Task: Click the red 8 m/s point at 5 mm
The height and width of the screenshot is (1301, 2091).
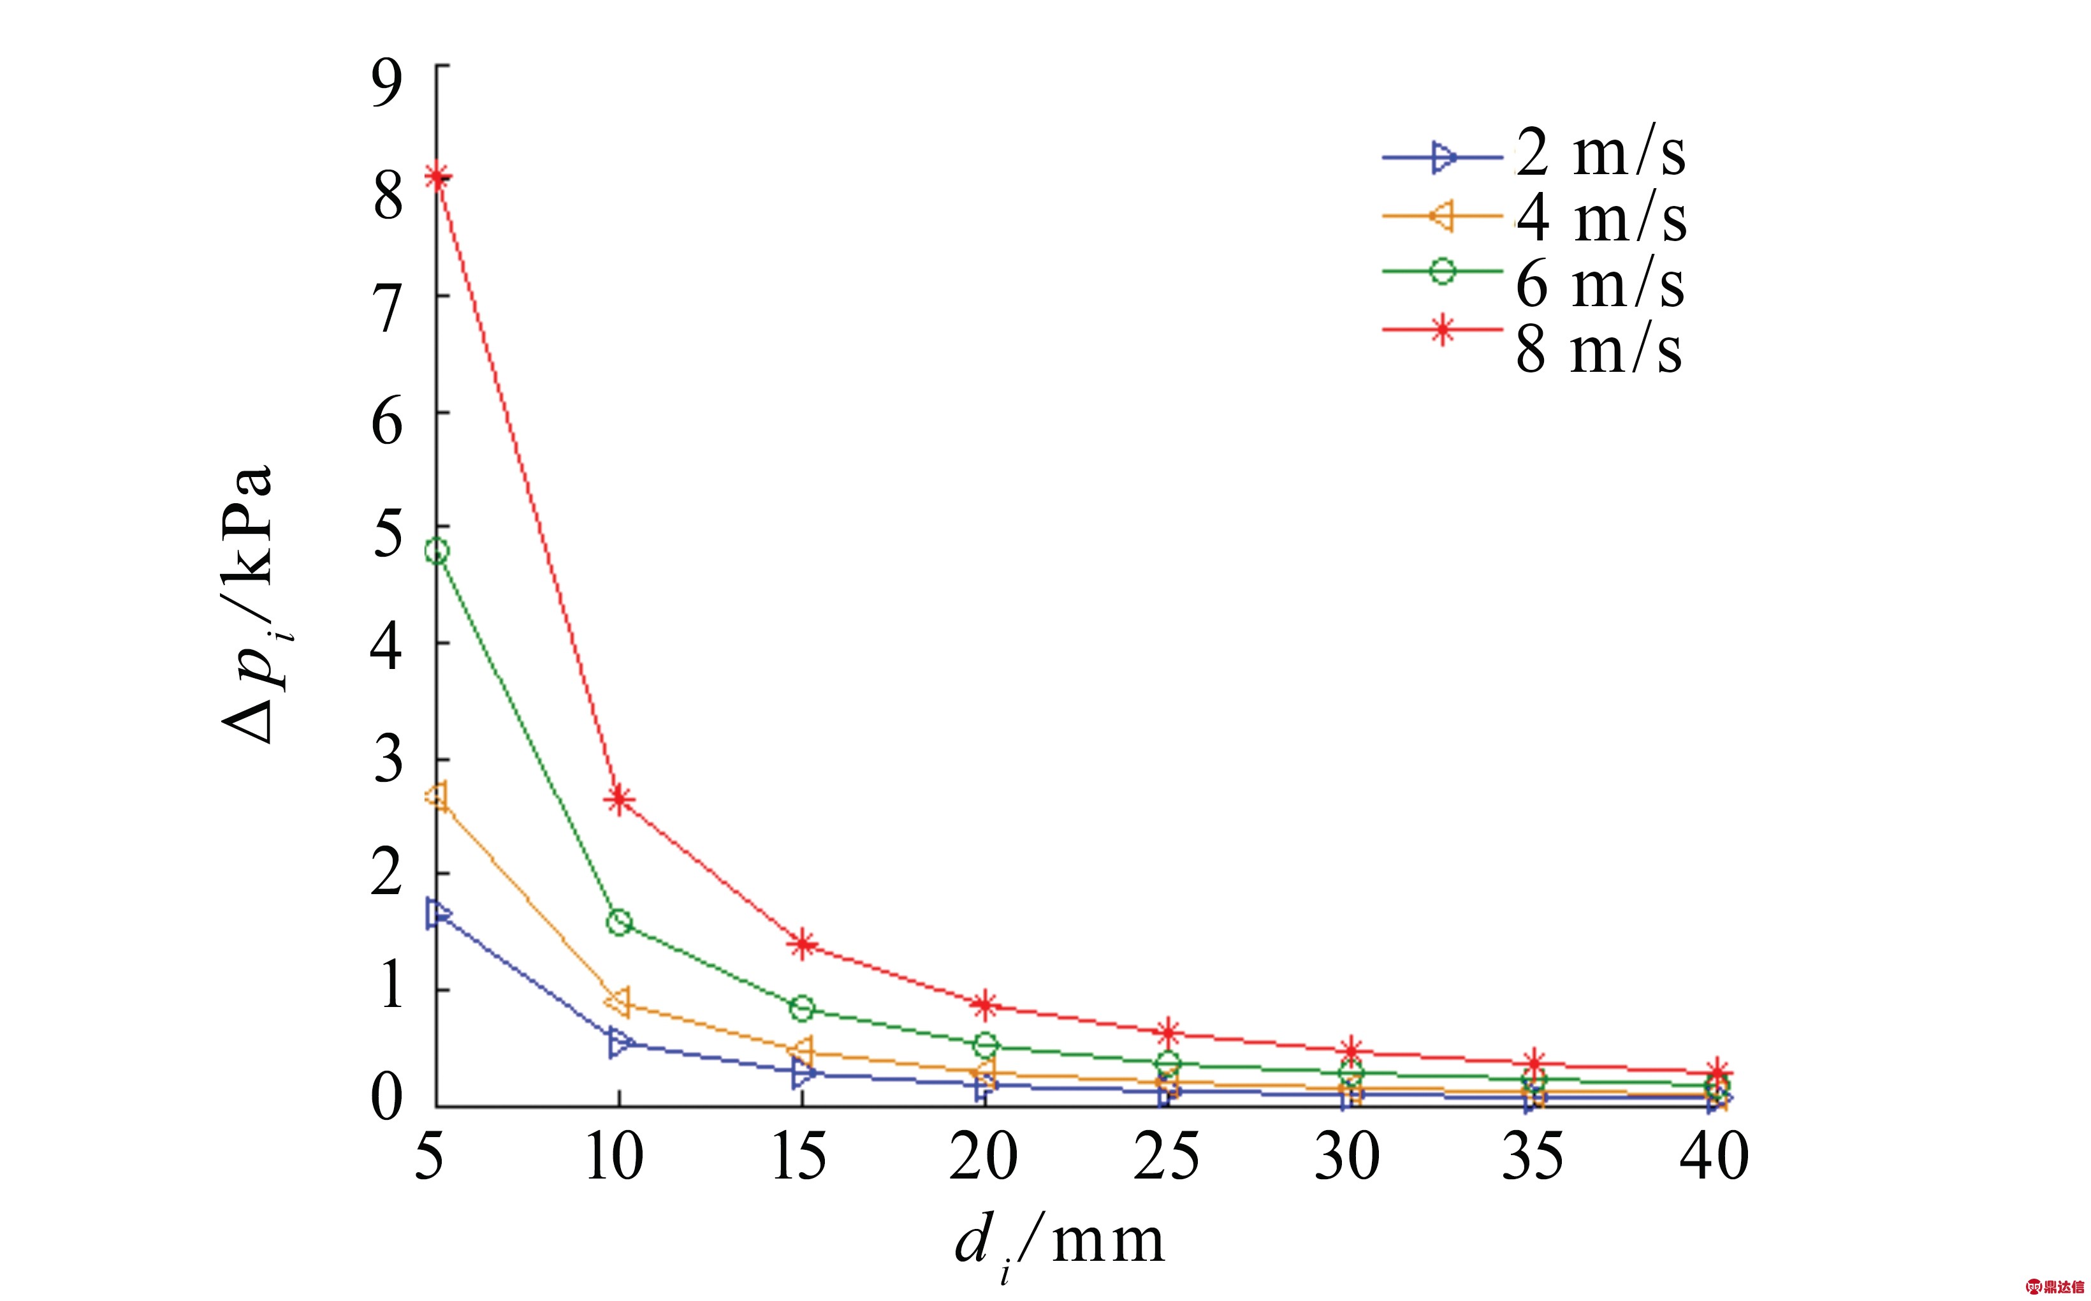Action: coord(437,177)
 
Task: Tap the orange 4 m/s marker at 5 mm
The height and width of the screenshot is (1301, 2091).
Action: coord(437,796)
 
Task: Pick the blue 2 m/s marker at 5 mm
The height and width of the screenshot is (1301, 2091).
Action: coord(437,914)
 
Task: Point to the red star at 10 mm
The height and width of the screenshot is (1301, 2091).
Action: coord(619,800)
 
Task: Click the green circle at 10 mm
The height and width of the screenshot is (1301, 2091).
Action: coord(619,923)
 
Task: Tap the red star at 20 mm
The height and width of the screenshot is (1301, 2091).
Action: coord(986,1004)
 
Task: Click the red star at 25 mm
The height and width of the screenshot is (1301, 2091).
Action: coord(1168,1032)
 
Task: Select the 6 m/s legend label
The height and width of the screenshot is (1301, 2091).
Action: coord(1600,284)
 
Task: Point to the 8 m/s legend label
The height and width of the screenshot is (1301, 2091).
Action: coord(1598,349)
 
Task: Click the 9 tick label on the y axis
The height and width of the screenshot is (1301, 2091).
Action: coord(387,83)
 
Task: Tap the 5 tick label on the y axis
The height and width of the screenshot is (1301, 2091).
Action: coord(387,534)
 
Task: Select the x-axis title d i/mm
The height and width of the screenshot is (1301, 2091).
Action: coord(1060,1244)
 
